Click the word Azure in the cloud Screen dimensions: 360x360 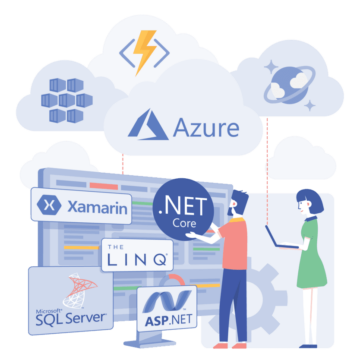[x=207, y=127]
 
